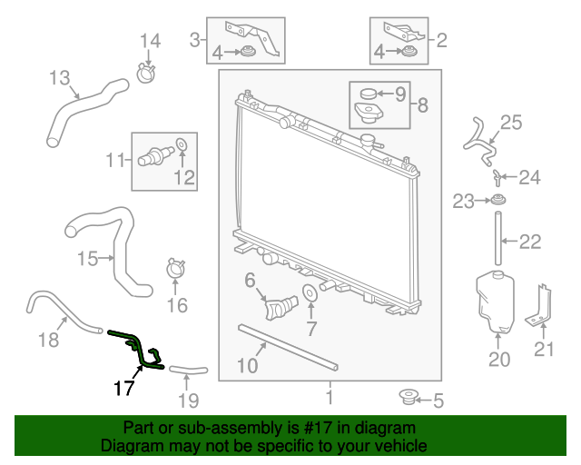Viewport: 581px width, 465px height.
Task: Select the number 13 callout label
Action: pos(59,79)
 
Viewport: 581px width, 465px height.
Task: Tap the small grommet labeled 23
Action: pos(498,201)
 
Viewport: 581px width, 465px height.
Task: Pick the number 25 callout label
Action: pos(511,122)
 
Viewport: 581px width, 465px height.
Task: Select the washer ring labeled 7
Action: pos(310,292)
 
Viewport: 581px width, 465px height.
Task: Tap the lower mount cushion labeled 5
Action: pos(409,397)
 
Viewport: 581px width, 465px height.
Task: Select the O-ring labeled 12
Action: pos(181,144)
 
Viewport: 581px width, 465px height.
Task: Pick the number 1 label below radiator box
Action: pos(330,396)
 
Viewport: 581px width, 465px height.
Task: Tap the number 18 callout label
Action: pos(47,340)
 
